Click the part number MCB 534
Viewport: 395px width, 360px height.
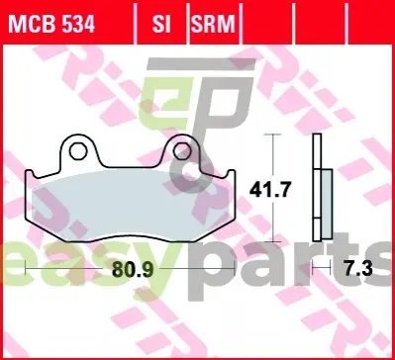click(x=51, y=24)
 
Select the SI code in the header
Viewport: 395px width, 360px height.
click(x=161, y=24)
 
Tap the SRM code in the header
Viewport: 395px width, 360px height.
click(x=213, y=24)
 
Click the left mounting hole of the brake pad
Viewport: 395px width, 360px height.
click(x=78, y=151)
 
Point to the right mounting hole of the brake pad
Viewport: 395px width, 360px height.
click(x=182, y=151)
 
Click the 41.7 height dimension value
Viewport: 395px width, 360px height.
click(x=270, y=190)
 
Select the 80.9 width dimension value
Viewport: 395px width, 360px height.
click(x=133, y=270)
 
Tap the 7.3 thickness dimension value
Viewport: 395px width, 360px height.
click(x=358, y=269)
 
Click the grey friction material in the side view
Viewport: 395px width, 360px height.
click(x=327, y=204)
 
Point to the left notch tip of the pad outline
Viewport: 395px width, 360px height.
click(x=30, y=171)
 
